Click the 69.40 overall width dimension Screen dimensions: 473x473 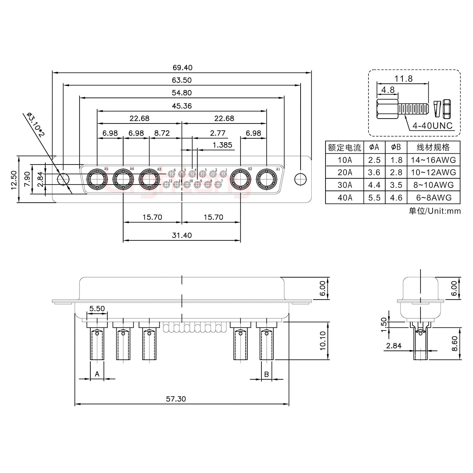point(182,68)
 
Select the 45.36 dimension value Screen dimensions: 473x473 point(182,106)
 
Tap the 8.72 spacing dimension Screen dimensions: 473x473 point(162,133)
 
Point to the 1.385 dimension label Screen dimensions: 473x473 point(222,145)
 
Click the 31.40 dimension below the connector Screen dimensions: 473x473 point(182,235)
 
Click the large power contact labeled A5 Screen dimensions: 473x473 point(97,179)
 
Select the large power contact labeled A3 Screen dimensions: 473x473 point(149,179)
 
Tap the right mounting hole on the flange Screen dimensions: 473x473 point(300,179)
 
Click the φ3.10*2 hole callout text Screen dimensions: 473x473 point(35,125)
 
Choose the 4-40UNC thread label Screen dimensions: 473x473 point(433,125)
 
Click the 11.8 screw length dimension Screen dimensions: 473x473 point(403,79)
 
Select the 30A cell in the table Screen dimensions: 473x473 point(345,185)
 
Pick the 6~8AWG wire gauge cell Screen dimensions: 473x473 point(434,197)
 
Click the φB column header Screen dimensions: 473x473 point(396,147)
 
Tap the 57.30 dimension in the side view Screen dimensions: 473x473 point(176,399)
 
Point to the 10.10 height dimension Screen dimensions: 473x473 point(323,341)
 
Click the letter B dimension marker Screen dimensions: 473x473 point(266,374)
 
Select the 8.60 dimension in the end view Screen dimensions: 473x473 point(455,344)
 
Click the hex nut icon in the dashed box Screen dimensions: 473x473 point(446,109)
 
